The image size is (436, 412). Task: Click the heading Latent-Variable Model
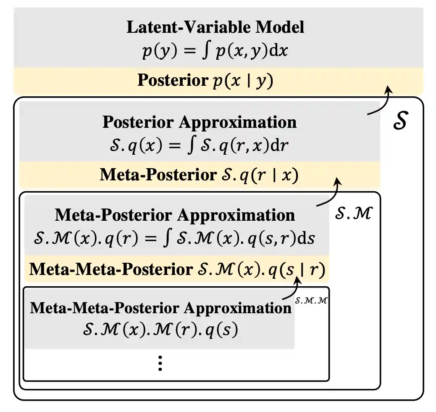click(215, 27)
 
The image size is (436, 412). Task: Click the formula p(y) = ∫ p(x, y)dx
click(215, 51)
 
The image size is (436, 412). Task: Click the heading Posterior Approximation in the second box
click(200, 122)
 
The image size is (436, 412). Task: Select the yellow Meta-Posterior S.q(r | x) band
click(199, 175)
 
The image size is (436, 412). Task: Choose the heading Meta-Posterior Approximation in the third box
click(175, 215)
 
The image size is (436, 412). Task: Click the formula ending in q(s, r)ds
click(176, 238)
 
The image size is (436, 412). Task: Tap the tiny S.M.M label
click(311, 301)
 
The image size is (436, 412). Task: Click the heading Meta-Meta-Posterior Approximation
click(160, 308)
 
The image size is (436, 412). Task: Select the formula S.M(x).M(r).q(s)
click(160, 330)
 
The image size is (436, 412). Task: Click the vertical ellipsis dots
click(160, 363)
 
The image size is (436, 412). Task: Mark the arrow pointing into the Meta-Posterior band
click(330, 194)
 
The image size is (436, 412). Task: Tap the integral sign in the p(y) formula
click(205, 51)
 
